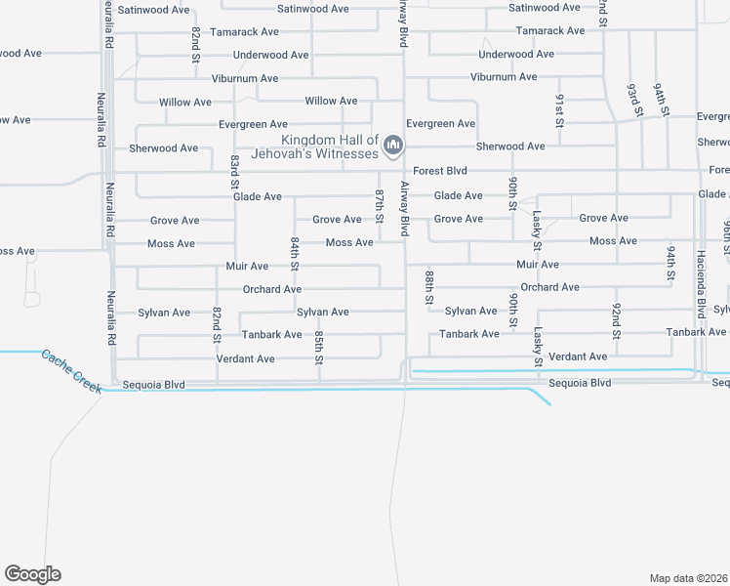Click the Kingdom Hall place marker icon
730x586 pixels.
click(x=393, y=146)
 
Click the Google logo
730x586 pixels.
click(x=32, y=574)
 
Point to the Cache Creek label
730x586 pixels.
click(x=70, y=371)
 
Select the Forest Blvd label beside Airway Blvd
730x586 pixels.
click(x=440, y=171)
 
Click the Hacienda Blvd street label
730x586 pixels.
click(x=701, y=284)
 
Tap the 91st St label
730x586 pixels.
click(x=560, y=109)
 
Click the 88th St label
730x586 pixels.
click(x=428, y=289)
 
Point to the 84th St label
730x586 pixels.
click(x=294, y=254)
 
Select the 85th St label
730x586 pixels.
click(x=319, y=347)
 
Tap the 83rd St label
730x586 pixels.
click(x=235, y=172)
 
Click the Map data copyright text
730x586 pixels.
click(x=689, y=578)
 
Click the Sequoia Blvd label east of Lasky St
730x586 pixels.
click(x=580, y=383)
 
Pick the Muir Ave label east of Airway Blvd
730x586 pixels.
click(x=537, y=265)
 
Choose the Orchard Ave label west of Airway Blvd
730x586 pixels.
click(x=272, y=289)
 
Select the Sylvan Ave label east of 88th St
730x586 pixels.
click(x=471, y=311)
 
